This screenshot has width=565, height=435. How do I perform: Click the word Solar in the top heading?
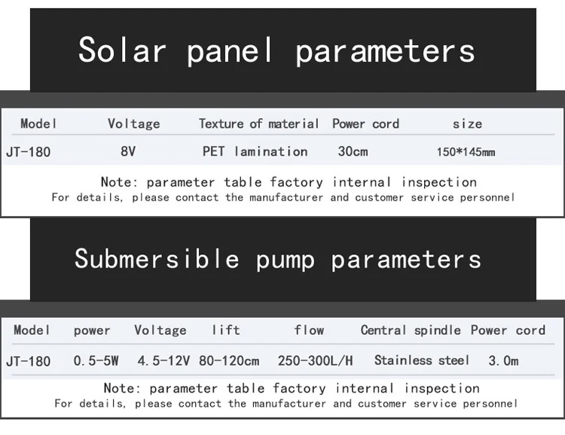(x=122, y=50)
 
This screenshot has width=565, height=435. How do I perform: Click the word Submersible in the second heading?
(x=157, y=259)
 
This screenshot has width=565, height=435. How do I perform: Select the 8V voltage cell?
(x=128, y=151)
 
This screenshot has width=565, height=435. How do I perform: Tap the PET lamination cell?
(x=255, y=151)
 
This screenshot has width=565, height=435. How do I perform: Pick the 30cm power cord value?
(x=353, y=151)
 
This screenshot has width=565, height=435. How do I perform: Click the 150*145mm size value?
(x=466, y=152)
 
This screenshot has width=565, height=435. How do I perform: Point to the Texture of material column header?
(x=258, y=123)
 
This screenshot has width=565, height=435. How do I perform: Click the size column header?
(x=467, y=124)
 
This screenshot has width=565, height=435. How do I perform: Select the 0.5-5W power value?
(x=96, y=360)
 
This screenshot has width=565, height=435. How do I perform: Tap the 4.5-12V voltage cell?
(x=163, y=360)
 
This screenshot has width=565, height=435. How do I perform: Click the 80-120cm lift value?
(x=229, y=360)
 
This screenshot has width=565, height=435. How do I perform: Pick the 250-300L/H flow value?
(x=315, y=360)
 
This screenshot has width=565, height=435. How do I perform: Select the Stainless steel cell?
(x=422, y=360)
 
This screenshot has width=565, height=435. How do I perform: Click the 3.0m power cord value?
(x=503, y=360)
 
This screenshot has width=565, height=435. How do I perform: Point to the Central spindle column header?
(x=411, y=330)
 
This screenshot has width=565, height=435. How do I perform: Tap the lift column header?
(x=225, y=330)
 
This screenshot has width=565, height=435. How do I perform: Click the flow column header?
(x=309, y=330)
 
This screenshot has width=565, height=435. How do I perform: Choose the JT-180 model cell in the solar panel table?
(x=28, y=152)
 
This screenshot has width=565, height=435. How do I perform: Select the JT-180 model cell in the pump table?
(x=28, y=361)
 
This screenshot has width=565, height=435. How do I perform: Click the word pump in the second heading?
(x=285, y=260)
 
